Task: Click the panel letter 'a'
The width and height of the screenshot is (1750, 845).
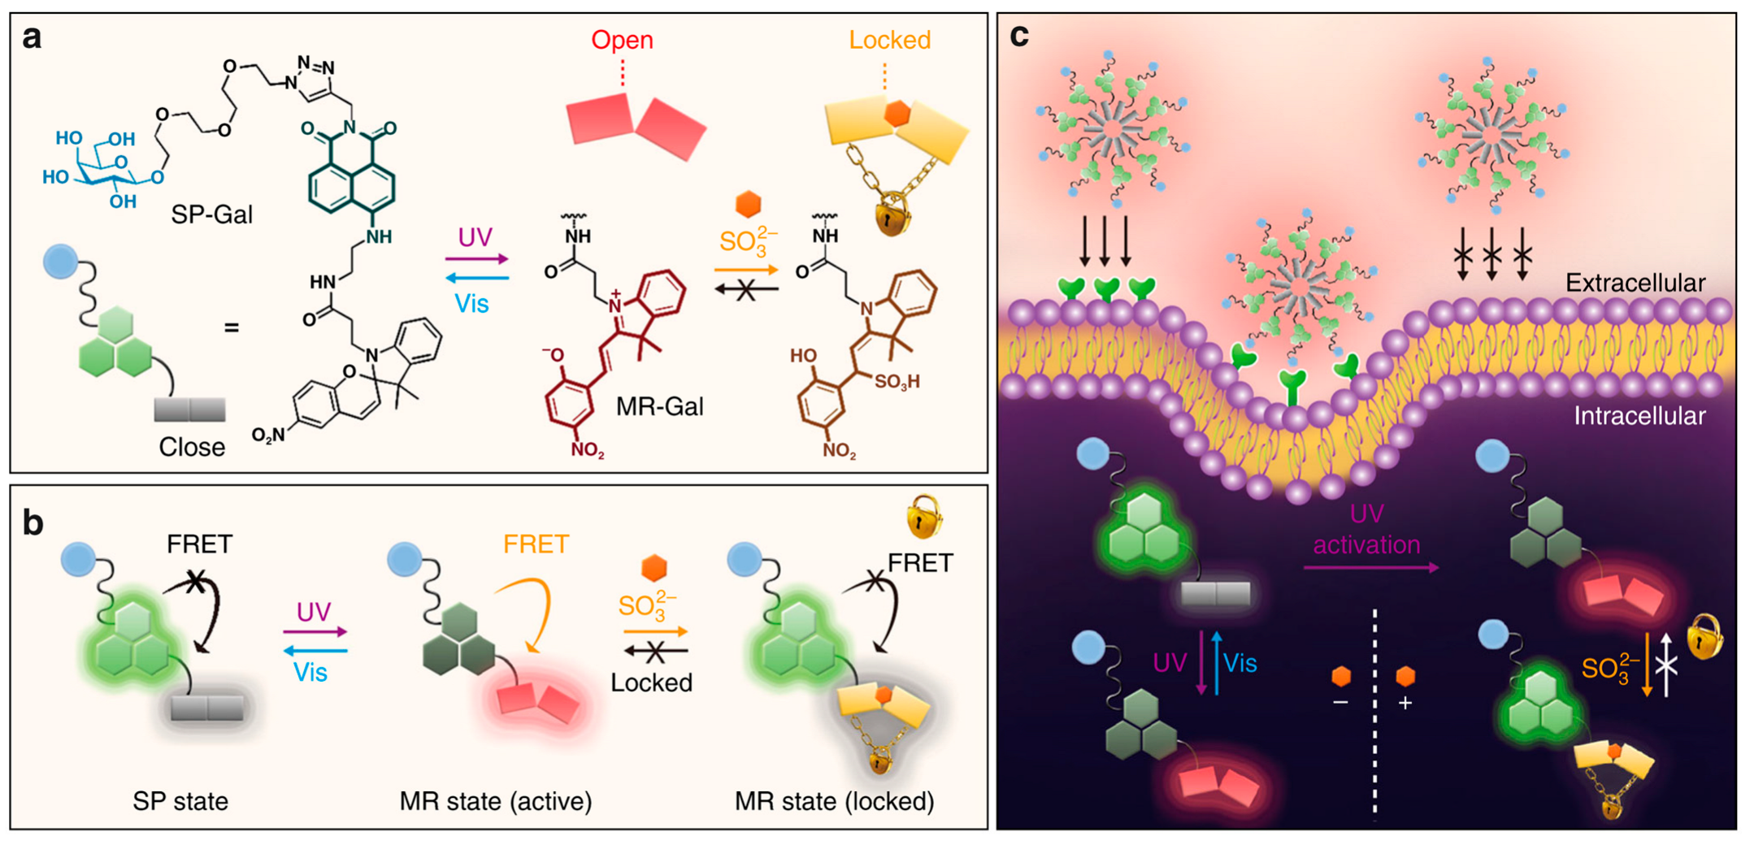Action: coord(32,38)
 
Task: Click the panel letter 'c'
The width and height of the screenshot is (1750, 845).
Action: coord(1018,35)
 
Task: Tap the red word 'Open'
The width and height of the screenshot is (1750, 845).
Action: coord(622,40)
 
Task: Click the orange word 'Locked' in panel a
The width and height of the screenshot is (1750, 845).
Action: coord(889,40)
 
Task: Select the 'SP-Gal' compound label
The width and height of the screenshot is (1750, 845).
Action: coord(211,214)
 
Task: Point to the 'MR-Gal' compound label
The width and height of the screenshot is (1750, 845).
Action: coord(659,406)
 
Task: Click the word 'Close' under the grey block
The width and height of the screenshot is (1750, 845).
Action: coord(192,447)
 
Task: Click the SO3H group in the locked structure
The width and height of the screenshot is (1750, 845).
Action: coord(897,381)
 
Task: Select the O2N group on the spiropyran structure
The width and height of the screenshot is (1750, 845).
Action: coord(268,435)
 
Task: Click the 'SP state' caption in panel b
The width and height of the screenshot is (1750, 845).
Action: coord(180,801)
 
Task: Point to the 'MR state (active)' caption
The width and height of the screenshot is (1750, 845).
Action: coord(496,801)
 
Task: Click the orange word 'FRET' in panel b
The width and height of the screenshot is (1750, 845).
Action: coord(536,544)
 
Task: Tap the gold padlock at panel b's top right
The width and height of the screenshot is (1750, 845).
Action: coord(924,518)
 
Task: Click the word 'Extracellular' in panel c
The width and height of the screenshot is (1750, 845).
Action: coord(1635,283)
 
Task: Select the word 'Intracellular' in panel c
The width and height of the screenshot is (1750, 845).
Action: coord(1639,416)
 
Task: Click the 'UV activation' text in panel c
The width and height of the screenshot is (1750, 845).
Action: coord(1366,529)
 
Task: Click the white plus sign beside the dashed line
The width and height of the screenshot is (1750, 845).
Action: coord(1405,703)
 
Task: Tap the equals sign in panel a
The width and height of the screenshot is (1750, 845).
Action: coord(232,327)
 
